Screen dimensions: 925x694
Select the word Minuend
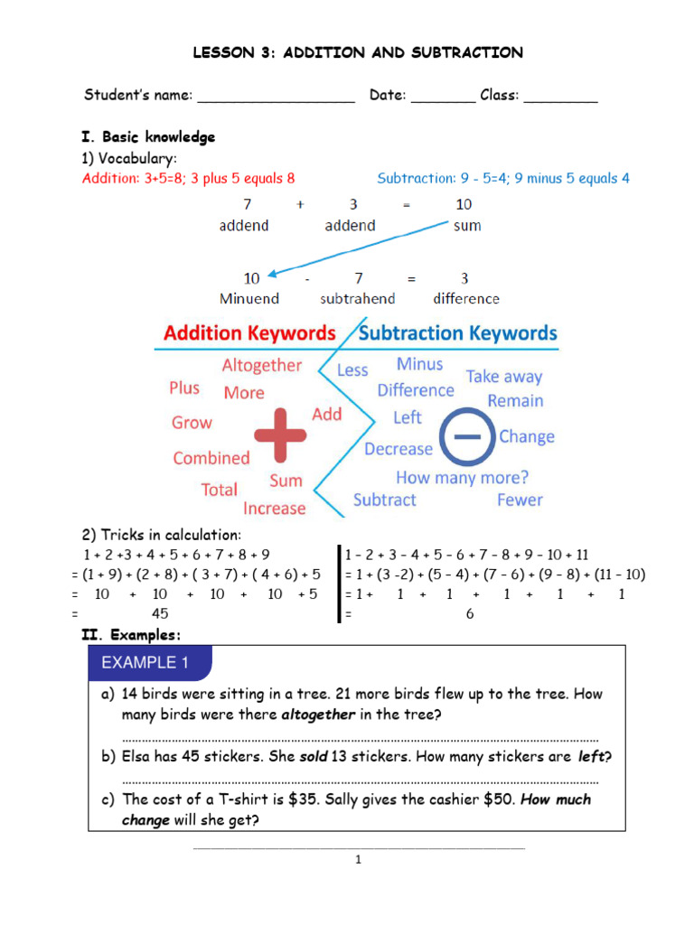coord(249,298)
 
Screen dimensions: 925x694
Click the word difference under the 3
coord(465,298)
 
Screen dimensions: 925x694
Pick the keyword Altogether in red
coord(262,365)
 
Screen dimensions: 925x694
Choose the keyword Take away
coord(504,377)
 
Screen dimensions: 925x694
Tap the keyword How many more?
coord(462,477)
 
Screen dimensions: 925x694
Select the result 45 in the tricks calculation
coord(159,613)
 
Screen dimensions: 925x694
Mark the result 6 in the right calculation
coord(470,613)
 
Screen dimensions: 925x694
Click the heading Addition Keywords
coord(249,333)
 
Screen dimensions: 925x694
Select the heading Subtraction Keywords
coord(458,333)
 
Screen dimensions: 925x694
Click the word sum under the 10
coord(467,225)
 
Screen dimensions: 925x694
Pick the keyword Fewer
coord(520,500)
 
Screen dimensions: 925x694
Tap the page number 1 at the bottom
coord(358,860)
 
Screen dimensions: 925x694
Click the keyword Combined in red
coord(211,458)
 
